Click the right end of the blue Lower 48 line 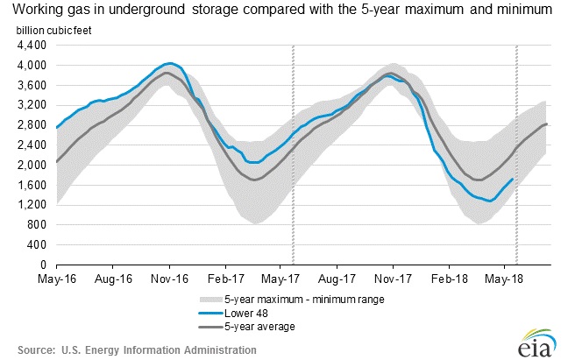[x=513, y=179]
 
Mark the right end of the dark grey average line [x=549, y=124]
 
